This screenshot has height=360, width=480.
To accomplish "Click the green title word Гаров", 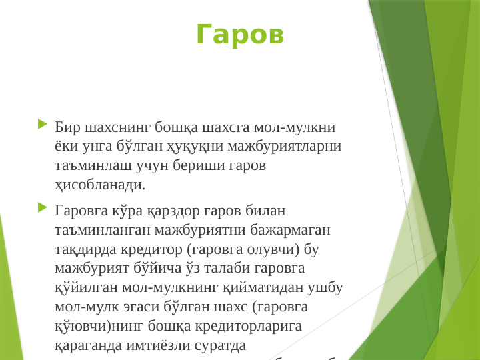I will coord(240,35).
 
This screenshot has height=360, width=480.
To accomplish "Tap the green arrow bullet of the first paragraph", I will coord(43,124).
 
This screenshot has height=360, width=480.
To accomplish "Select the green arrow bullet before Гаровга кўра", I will coord(43,208).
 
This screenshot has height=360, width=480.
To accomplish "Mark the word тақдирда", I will coord(85,249).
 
